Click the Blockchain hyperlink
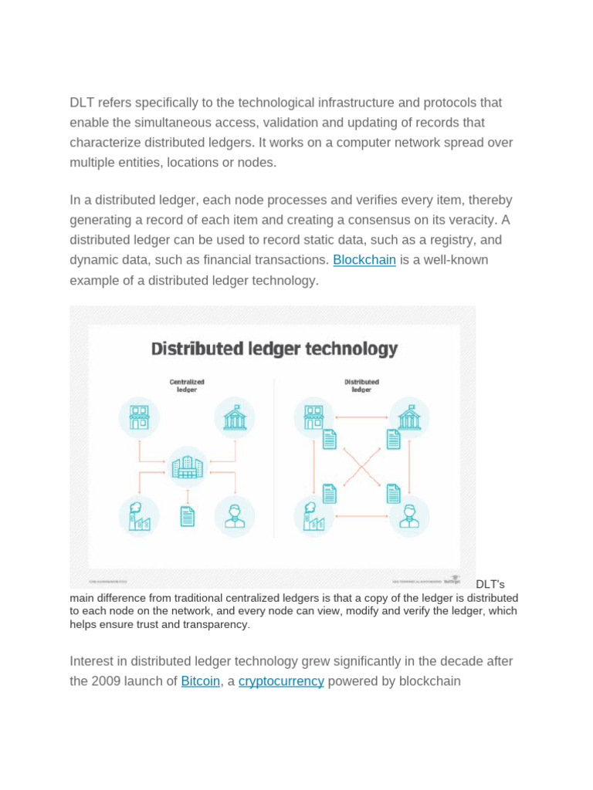point(364,260)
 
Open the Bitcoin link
point(200,681)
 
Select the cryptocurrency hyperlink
point(281,681)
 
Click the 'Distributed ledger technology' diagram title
point(274,349)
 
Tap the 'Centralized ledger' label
point(186,385)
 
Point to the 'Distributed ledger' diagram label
point(361,385)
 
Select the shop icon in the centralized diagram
point(139,418)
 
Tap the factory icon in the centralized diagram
point(139,515)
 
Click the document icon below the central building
point(186,515)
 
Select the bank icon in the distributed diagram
point(409,418)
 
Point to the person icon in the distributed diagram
point(409,515)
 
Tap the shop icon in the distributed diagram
point(314,418)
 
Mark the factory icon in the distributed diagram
point(314,515)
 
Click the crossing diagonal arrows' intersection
point(361,467)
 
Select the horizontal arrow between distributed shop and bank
point(361,418)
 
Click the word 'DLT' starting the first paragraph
point(83,103)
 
